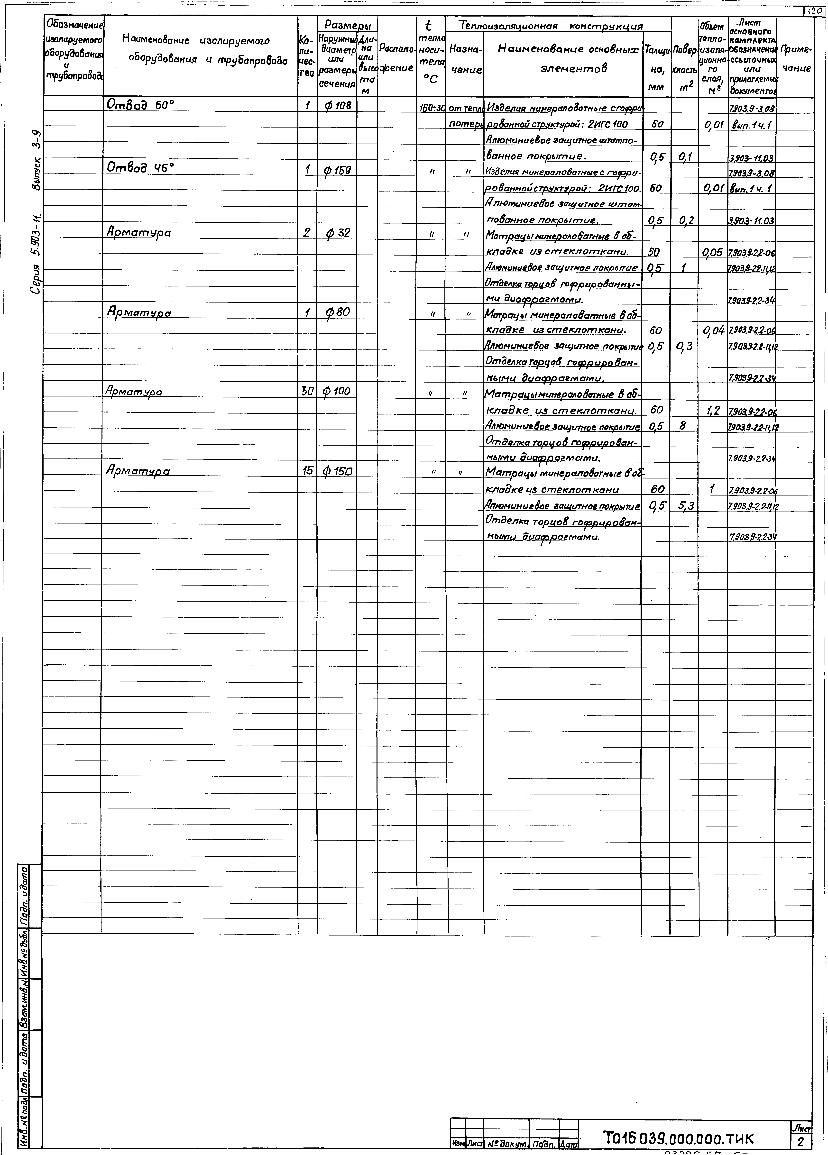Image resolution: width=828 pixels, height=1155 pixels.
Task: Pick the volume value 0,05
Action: (x=712, y=252)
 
